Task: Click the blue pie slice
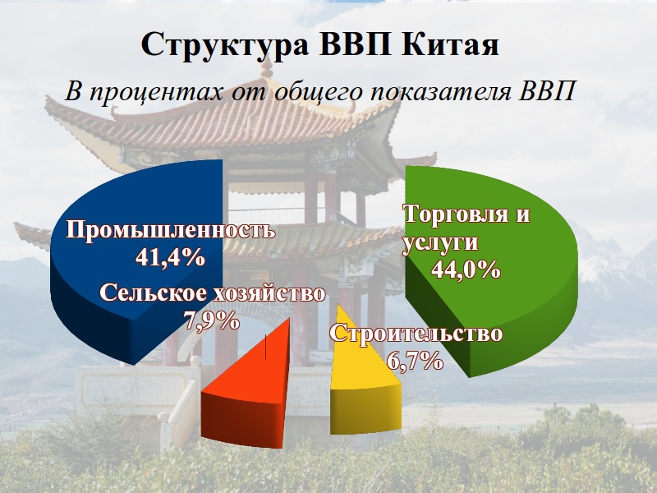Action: (123, 304)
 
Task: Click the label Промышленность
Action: (171, 229)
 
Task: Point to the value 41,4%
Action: (170, 257)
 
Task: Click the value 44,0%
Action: (466, 270)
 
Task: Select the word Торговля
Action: (456, 215)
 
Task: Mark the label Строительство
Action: (416, 334)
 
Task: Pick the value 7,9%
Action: (212, 320)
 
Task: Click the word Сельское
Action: (154, 293)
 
